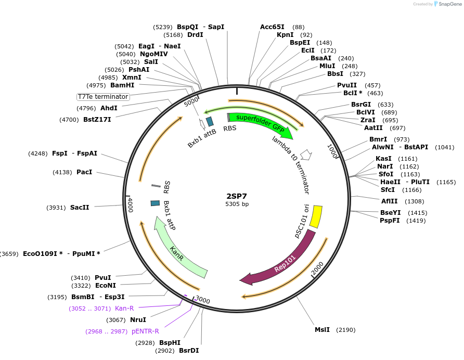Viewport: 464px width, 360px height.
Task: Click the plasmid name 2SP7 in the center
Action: point(237,196)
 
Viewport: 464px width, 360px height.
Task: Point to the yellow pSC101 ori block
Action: point(316,216)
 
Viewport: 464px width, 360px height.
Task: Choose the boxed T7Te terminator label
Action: point(103,97)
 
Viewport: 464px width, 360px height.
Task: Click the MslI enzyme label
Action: point(322,330)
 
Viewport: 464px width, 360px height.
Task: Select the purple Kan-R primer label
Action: point(124,308)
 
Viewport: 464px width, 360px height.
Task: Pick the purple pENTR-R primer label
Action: point(145,331)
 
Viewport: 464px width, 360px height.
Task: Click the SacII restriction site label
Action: point(80,207)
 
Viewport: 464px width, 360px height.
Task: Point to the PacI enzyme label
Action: point(84,172)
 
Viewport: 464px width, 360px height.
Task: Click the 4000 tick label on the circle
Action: point(130,204)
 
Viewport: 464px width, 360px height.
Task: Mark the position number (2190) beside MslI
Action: point(345,330)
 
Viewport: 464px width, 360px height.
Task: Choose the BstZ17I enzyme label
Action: point(97,120)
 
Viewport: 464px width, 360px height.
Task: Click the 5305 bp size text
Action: point(237,204)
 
